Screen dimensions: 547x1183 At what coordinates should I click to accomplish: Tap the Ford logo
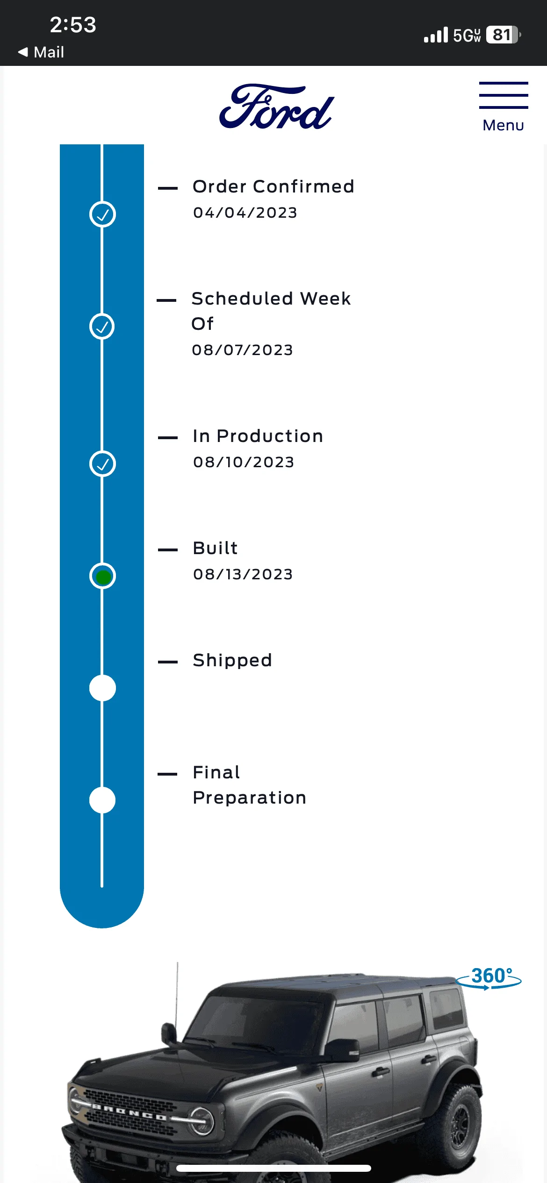[276, 107]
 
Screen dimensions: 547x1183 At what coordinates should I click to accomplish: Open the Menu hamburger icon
[504, 95]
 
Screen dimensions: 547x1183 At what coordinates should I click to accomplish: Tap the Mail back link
[41, 52]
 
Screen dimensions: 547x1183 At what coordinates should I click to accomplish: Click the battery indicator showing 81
[504, 35]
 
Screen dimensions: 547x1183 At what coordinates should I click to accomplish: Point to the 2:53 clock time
[73, 25]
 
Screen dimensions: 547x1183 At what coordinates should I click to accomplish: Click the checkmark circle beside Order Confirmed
[102, 214]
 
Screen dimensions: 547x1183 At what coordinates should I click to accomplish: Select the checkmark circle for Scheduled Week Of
[102, 326]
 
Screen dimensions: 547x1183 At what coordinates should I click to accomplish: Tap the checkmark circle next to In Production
[102, 464]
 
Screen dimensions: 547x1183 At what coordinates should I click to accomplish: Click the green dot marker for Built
[103, 577]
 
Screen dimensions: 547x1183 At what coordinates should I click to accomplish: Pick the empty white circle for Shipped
[102, 688]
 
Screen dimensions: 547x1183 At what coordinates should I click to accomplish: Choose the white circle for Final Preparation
[102, 800]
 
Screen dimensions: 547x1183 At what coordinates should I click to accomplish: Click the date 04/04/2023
[245, 213]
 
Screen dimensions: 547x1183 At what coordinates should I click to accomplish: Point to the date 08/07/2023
[243, 350]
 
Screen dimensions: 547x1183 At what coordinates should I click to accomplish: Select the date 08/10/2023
[244, 462]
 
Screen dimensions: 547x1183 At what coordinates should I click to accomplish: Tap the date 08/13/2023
[243, 574]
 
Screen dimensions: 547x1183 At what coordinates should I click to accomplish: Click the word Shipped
[232, 660]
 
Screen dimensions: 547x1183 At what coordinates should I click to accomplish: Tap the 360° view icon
[489, 977]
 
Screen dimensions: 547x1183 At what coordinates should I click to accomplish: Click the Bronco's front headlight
[202, 1121]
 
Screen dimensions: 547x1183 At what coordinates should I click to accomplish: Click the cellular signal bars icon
[436, 35]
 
